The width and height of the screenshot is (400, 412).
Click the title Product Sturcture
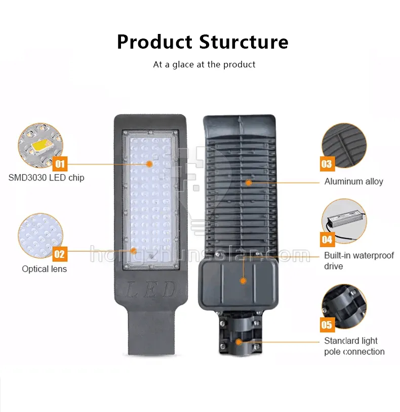click(x=203, y=42)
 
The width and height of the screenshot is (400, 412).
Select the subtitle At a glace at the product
click(x=204, y=65)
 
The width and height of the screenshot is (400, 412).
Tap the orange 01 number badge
click(x=60, y=164)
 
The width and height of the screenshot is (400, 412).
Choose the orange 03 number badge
click(x=327, y=163)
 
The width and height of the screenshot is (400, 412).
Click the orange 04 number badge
click(x=327, y=239)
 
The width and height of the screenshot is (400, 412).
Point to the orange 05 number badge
click(x=327, y=325)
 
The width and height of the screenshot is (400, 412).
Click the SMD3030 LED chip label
click(x=46, y=178)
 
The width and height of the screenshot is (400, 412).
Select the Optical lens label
click(x=44, y=269)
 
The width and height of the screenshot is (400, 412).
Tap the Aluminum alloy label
click(x=353, y=181)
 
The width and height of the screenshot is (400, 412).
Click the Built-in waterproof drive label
click(x=358, y=261)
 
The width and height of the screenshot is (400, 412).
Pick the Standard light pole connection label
click(x=354, y=346)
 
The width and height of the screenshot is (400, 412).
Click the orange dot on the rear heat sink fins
click(x=248, y=181)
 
